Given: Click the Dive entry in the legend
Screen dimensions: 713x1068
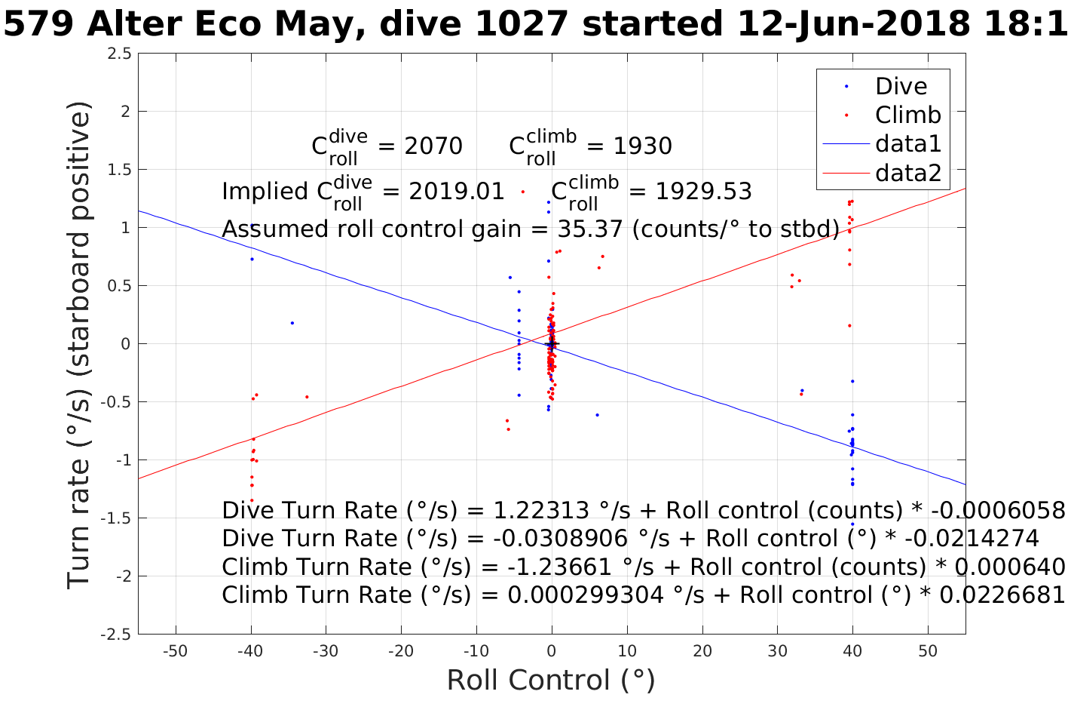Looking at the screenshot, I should [901, 86].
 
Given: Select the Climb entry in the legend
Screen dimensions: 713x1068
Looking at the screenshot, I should [907, 115].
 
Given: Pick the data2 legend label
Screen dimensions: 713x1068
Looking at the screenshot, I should [908, 174].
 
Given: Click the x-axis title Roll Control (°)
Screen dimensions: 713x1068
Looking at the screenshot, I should [551, 680].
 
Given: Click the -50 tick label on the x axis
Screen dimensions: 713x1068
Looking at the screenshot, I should [175, 651].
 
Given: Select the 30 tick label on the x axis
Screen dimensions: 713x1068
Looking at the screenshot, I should [777, 651].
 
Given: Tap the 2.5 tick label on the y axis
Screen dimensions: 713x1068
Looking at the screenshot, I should [119, 54].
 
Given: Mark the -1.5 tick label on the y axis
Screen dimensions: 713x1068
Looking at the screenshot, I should [116, 518].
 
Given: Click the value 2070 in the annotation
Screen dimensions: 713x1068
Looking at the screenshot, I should [433, 146].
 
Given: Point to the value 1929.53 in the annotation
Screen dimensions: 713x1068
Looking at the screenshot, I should [703, 192].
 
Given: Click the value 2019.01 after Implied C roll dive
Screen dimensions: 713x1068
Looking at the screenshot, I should [457, 192].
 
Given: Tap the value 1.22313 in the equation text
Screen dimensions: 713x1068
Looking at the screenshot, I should [540, 511].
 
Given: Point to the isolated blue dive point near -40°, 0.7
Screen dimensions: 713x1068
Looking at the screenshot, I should [252, 260].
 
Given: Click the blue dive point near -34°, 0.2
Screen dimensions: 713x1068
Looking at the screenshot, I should [292, 323].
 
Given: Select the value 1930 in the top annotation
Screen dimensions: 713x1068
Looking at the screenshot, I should [642, 146].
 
